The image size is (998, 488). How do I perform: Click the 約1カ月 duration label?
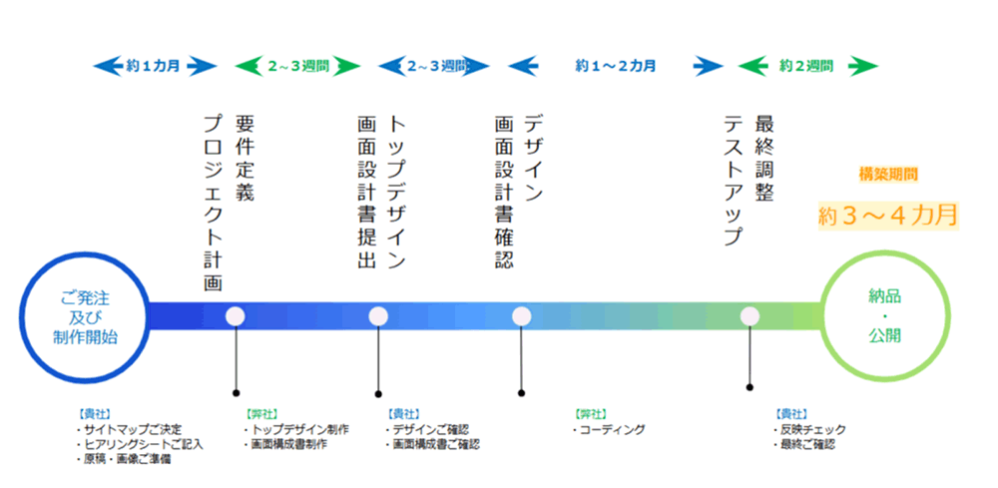click(155, 67)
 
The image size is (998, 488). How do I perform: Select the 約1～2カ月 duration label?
click(615, 67)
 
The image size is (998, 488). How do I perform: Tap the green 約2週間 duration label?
click(807, 67)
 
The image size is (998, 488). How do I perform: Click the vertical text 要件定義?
click(245, 158)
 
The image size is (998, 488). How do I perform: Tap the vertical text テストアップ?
click(734, 180)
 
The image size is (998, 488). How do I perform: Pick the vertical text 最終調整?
click(765, 158)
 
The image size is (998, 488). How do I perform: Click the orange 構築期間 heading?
click(888, 174)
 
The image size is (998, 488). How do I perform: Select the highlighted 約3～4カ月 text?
click(887, 214)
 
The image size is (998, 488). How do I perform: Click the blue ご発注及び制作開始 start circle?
click(85, 316)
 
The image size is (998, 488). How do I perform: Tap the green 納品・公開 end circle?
click(883, 316)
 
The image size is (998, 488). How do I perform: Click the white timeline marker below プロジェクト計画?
click(236, 316)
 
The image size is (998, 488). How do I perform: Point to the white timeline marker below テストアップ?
click(749, 316)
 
